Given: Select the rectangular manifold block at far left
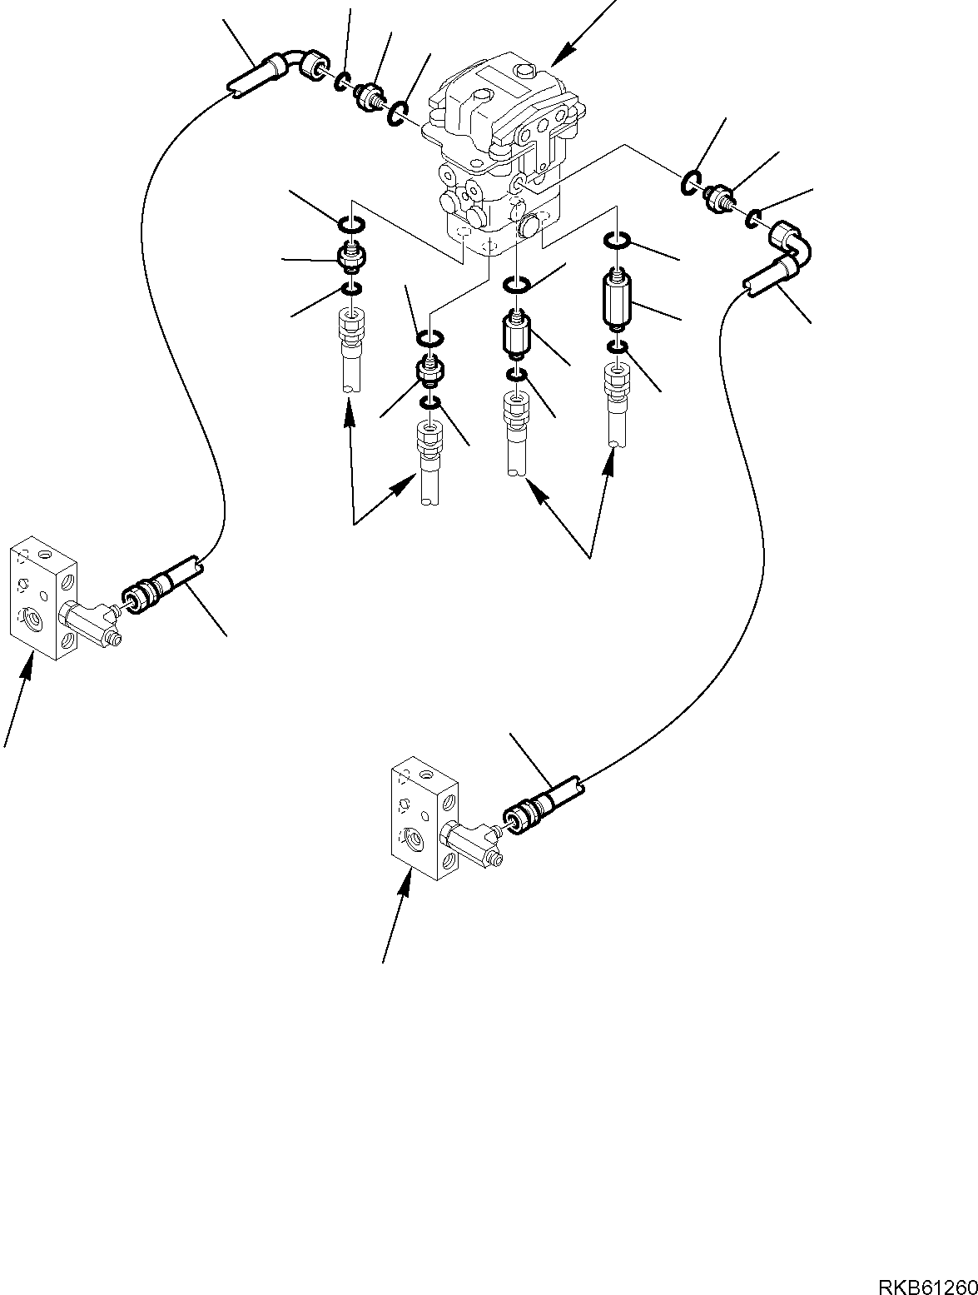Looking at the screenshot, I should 43,599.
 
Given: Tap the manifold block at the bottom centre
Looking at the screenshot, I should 424,818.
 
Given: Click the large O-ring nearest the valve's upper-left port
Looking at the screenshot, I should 398,111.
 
